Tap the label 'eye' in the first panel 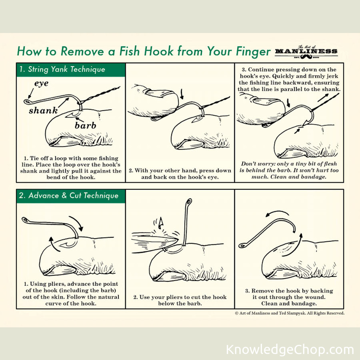tap(41, 83)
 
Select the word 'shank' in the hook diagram tap(43, 110)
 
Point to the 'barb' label tap(85, 125)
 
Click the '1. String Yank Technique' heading tap(62, 69)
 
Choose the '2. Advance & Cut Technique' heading tap(69, 196)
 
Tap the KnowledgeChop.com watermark tap(290, 350)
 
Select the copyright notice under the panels tap(290, 313)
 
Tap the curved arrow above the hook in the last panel tap(277, 212)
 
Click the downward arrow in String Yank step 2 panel tap(182, 94)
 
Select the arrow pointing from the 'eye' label tap(31, 93)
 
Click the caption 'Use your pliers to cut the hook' tap(180, 297)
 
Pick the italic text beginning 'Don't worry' tap(289, 170)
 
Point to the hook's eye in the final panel tap(242, 246)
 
